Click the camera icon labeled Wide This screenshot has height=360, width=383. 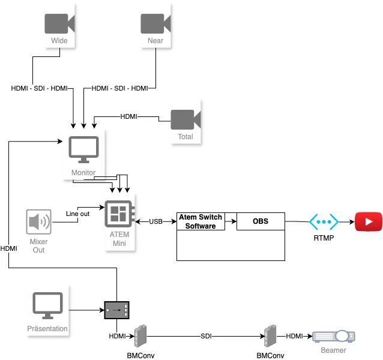tap(59, 23)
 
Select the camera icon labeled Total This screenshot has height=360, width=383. tap(185, 119)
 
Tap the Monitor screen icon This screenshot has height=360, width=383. tap(83, 150)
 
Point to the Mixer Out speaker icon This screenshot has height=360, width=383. tap(38, 222)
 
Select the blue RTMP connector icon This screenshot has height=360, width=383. tap(324, 221)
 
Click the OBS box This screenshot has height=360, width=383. tap(261, 221)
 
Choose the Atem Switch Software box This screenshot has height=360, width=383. tap(201, 221)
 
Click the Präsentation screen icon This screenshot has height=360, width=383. tap(47, 306)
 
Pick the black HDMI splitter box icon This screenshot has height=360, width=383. tap(116, 310)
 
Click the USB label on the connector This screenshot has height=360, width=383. tap(155, 222)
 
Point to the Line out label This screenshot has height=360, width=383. tap(77, 214)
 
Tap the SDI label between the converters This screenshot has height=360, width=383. tap(206, 337)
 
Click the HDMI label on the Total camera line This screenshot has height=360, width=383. tap(128, 116)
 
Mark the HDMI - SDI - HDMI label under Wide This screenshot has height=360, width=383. tap(40, 89)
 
